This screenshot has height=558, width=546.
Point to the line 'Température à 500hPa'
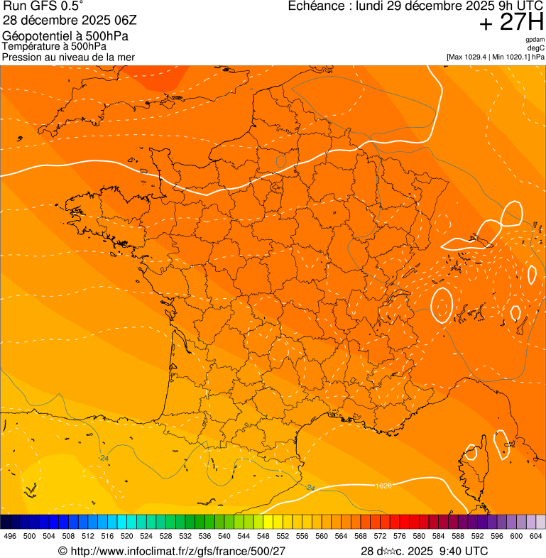pos(54,47)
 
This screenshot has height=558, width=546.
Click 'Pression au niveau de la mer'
pos(68,57)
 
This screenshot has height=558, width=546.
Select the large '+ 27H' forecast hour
pos(511,23)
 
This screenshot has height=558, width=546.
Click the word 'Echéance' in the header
pos(315,6)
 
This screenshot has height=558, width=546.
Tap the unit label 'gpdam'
pos(535,40)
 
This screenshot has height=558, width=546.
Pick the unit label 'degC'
pos(536,48)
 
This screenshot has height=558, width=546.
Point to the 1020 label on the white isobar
pos(383,485)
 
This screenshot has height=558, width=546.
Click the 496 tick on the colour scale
pos(10,536)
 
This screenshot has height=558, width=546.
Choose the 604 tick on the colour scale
pos(536,536)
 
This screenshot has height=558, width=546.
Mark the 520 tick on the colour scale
pos(127,536)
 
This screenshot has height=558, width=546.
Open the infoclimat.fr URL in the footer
pos(178,551)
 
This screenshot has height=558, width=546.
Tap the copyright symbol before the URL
pos(62,551)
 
